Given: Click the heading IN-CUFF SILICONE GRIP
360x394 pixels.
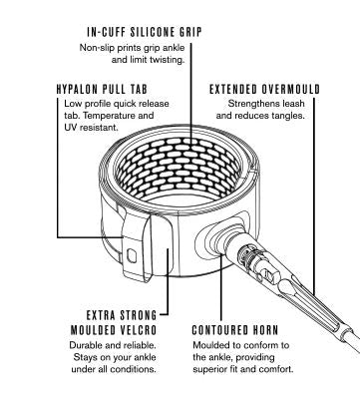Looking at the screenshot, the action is (x=145, y=32).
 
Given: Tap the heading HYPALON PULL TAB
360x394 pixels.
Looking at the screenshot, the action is (x=102, y=89).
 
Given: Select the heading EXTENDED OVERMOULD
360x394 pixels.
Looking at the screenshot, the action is (x=264, y=89).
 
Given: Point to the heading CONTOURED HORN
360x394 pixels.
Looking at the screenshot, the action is (x=235, y=330).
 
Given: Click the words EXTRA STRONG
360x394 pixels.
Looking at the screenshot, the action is (x=122, y=315).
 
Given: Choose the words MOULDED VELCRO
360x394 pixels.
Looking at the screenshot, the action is (x=114, y=330).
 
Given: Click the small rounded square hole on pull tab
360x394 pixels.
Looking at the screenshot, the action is (x=132, y=255).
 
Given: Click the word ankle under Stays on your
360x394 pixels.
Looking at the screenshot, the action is (x=145, y=357).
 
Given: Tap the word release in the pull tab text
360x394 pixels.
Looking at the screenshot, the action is (x=154, y=104).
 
